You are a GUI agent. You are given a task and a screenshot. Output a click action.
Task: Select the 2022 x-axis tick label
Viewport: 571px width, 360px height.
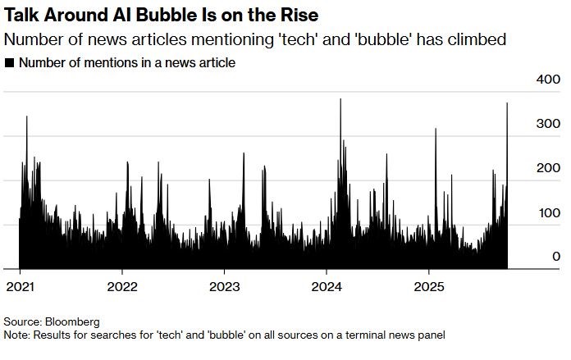122,287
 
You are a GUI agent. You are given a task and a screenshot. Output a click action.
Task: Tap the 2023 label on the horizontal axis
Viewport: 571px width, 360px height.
225,287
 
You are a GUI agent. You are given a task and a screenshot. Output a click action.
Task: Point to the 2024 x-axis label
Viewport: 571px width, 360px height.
327,287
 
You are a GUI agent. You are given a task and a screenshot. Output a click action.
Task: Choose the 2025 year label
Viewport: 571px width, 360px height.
430,287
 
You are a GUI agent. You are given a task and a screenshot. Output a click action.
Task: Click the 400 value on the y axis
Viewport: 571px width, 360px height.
548,79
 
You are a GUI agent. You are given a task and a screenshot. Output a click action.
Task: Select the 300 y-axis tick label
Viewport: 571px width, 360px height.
548,123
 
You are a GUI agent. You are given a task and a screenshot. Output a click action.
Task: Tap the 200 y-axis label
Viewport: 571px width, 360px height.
548,168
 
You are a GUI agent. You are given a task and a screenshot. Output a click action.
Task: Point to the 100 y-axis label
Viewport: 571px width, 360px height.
548,212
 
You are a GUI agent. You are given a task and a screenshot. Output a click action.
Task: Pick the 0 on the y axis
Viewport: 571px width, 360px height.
556,257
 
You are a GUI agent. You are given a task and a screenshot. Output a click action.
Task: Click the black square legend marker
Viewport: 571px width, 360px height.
9,63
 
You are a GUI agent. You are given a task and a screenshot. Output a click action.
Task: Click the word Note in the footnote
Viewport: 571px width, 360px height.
15,335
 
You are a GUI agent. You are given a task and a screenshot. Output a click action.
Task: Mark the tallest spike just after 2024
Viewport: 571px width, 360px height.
340,99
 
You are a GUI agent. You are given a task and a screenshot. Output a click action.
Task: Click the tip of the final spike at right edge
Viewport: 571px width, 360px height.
507,103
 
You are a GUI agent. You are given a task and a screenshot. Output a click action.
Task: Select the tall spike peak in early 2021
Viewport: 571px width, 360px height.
27,116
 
